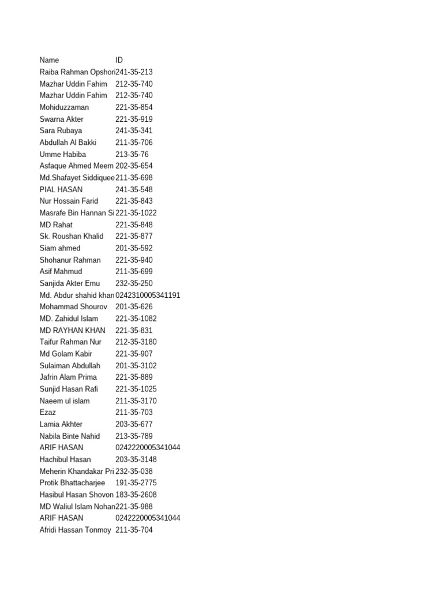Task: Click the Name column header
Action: point(49,60)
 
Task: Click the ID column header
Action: point(119,60)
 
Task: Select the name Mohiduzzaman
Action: point(63,107)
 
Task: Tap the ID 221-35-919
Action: point(134,119)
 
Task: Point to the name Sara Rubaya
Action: point(61,130)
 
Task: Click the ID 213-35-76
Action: point(132,154)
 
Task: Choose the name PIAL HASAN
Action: point(61,189)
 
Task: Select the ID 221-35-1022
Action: point(136,213)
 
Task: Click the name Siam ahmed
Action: point(60,248)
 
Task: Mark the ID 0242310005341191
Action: point(148,295)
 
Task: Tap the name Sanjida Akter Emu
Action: point(70,283)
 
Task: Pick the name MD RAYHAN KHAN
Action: point(73,330)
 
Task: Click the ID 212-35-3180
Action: point(136,342)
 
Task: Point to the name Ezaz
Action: point(48,413)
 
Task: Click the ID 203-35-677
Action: point(134,424)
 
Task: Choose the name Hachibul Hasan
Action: point(65,459)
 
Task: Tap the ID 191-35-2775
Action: point(136,482)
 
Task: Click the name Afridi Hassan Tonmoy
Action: point(75,530)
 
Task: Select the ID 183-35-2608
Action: point(136,495)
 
